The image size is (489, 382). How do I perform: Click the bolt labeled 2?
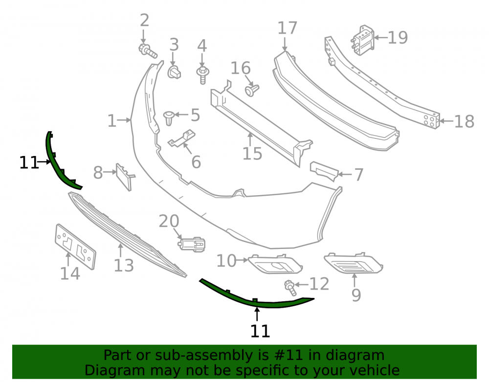click(x=148, y=51)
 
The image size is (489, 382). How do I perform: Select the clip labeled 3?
click(x=175, y=72)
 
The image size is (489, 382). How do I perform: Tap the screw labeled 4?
click(x=202, y=75)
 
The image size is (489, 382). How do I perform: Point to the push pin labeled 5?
click(x=169, y=118)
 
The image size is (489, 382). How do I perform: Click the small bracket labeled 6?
click(x=182, y=139)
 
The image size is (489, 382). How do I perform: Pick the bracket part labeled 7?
click(x=324, y=171)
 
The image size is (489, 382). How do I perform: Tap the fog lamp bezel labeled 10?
click(x=275, y=264)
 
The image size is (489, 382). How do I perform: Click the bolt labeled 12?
click(x=290, y=288)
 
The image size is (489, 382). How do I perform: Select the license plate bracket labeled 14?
click(x=75, y=247)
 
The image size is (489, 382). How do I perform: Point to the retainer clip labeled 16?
click(x=252, y=90)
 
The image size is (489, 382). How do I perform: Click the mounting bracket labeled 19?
click(x=363, y=40)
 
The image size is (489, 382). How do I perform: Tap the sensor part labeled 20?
click(x=192, y=244)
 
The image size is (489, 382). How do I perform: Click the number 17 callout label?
click(x=287, y=28)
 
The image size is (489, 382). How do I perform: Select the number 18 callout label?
click(x=464, y=121)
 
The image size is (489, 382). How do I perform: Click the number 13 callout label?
click(x=124, y=266)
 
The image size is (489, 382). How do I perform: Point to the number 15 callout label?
click(x=252, y=154)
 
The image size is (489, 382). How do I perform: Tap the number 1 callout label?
click(x=111, y=121)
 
